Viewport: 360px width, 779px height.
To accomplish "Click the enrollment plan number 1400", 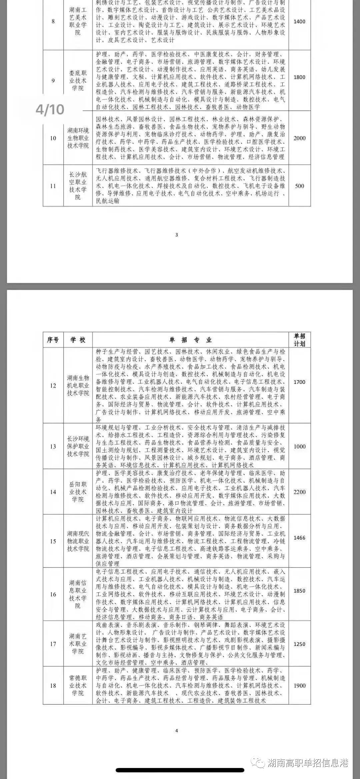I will click(299, 22).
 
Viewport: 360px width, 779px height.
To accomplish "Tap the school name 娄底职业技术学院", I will click(78, 81).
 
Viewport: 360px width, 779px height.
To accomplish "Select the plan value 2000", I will click(299, 138).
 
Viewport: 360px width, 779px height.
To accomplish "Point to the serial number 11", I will click(53, 186).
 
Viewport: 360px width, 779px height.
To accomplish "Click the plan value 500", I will click(299, 186).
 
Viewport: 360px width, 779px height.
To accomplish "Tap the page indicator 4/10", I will click(50, 109).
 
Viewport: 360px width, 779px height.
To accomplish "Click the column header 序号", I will click(53, 340).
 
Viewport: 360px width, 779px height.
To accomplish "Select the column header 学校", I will click(78, 340).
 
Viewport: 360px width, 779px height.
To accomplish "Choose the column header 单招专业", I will click(190, 340).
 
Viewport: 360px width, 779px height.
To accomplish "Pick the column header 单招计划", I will click(299, 340).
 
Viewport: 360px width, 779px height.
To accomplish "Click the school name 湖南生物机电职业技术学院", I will click(78, 385).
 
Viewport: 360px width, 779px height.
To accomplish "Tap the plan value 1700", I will click(299, 382).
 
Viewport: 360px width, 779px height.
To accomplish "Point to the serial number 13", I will click(53, 447).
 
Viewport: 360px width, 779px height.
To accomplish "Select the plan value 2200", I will click(299, 492).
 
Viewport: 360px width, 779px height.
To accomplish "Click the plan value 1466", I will click(299, 538).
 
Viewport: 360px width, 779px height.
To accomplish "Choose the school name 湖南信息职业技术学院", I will click(78, 594).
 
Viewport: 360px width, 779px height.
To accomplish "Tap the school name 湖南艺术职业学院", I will click(78, 644).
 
